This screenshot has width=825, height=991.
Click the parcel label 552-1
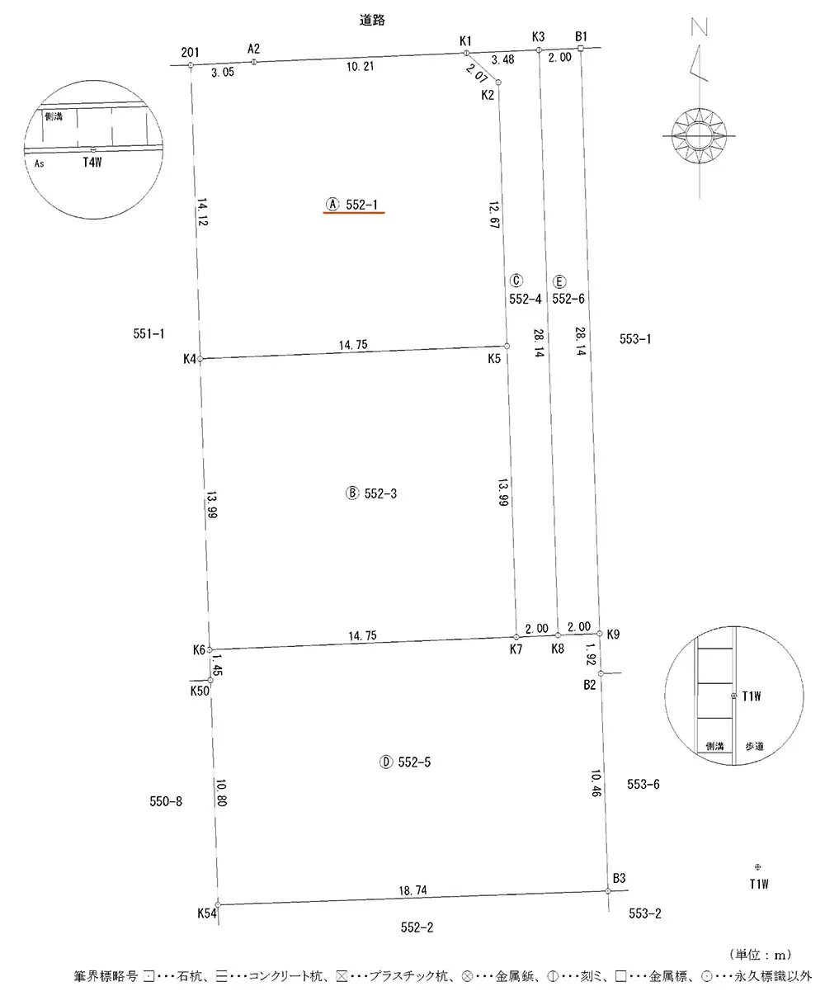point(361,205)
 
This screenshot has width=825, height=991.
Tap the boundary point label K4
point(190,359)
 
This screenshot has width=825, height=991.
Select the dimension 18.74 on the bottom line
point(412,890)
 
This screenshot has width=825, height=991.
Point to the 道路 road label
point(372,20)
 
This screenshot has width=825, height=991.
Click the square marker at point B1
point(580,48)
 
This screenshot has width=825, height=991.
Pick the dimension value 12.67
point(494,215)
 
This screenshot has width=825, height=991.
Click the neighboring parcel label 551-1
point(148,333)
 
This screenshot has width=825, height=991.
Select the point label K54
point(207,913)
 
